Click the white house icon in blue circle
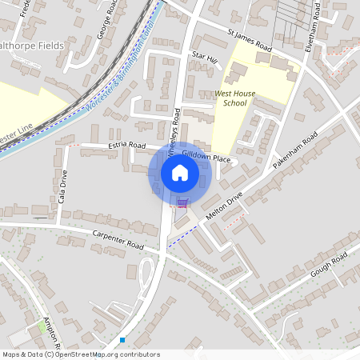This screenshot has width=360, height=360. coord(180,173)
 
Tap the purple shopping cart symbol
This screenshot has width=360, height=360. coord(182,202)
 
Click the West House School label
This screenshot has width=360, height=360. coord(235,98)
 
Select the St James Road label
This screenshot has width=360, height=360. coord(249,42)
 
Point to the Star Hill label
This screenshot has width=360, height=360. coord(205,58)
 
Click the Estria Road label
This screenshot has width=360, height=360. coord(126,146)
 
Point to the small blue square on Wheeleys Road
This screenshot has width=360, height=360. coord(122,340)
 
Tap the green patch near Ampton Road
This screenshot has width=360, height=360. coord(42,326)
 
